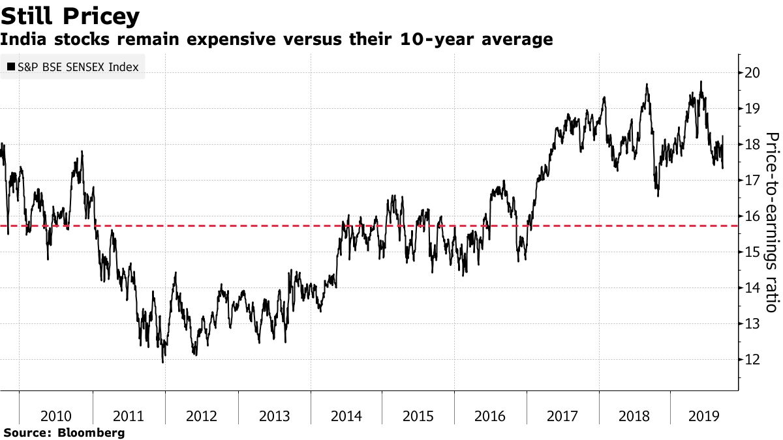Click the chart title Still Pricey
[x=70, y=15]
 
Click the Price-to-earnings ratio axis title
[x=772, y=222]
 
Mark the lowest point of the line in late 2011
[x=162, y=361]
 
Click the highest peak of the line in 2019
[x=701, y=81]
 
